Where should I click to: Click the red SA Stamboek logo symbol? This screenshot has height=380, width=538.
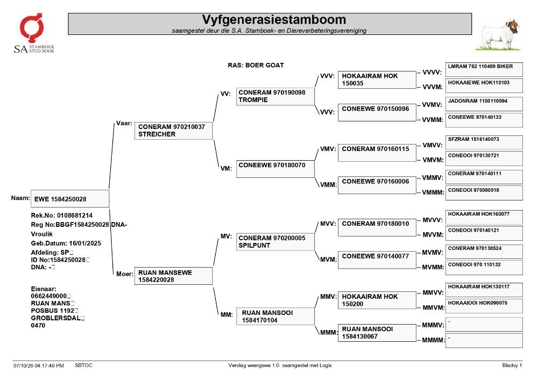(x=31, y=28)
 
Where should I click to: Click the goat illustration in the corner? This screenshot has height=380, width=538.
(x=498, y=35)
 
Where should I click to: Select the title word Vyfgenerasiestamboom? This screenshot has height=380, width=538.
(x=274, y=19)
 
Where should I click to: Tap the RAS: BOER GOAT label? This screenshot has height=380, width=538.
(x=256, y=65)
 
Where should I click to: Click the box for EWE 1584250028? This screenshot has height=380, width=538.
(x=70, y=199)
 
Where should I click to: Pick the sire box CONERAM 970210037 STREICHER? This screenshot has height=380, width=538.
(x=173, y=131)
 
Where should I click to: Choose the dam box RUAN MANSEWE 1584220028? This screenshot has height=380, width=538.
(x=173, y=276)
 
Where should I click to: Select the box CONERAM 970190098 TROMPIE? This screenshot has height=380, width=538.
(x=275, y=96)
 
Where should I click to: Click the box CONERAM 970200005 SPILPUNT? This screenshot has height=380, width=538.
(x=275, y=241)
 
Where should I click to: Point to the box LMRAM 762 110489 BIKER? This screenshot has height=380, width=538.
(x=484, y=69)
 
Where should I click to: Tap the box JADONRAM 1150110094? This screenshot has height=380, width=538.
(x=484, y=104)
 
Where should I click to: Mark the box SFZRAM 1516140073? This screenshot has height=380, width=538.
(x=484, y=142)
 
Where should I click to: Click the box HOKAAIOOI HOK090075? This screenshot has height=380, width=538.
(x=484, y=306)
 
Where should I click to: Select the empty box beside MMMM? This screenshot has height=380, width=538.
(x=484, y=341)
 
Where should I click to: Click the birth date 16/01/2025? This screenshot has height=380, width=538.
(x=85, y=243)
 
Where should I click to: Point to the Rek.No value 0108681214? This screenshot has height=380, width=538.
(x=74, y=216)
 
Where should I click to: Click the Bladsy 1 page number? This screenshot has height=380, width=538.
(x=512, y=365)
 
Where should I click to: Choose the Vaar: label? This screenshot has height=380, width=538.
(x=124, y=124)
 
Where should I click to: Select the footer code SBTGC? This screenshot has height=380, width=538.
(x=83, y=365)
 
